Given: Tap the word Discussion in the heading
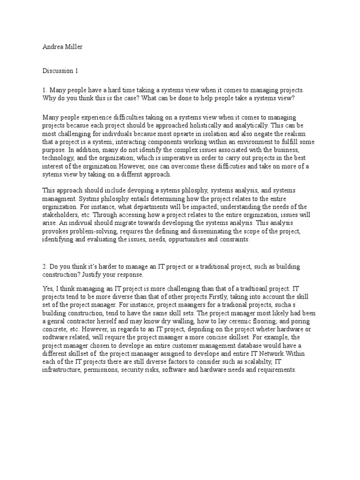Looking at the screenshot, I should coord(57,71).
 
